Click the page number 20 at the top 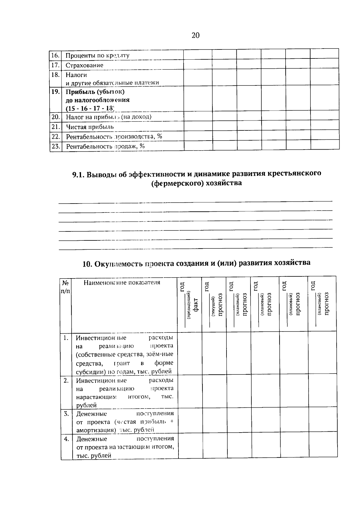pyautogui.click(x=195, y=35)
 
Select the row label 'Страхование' pyautogui.click(x=84, y=65)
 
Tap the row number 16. pyautogui.click(x=55, y=55)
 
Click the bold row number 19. pyautogui.click(x=55, y=92)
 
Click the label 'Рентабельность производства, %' pyautogui.click(x=114, y=137)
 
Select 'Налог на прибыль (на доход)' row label pyautogui.click(x=108, y=117)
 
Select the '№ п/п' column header pyautogui.click(x=66, y=287)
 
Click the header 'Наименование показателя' pyautogui.click(x=121, y=282)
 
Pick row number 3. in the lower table pyautogui.click(x=66, y=414)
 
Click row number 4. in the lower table pyautogui.click(x=67, y=439)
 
